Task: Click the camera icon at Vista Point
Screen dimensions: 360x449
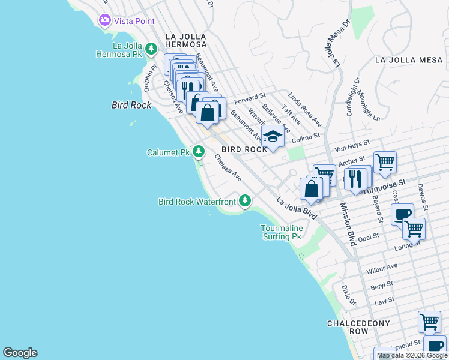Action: (x=106, y=20)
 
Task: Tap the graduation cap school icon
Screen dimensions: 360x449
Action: (x=273, y=137)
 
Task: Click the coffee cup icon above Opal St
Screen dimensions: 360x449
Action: (x=402, y=214)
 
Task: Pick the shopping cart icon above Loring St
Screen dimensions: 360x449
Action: (x=414, y=228)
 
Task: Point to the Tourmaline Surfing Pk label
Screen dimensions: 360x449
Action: (x=281, y=232)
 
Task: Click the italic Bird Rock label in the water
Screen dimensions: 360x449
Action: (x=131, y=104)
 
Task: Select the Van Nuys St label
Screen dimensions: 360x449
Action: (x=353, y=144)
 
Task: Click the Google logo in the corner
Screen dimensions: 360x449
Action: (x=20, y=353)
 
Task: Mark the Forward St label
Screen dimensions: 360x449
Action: (x=250, y=98)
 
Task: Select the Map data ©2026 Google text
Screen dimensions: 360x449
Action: (x=412, y=356)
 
